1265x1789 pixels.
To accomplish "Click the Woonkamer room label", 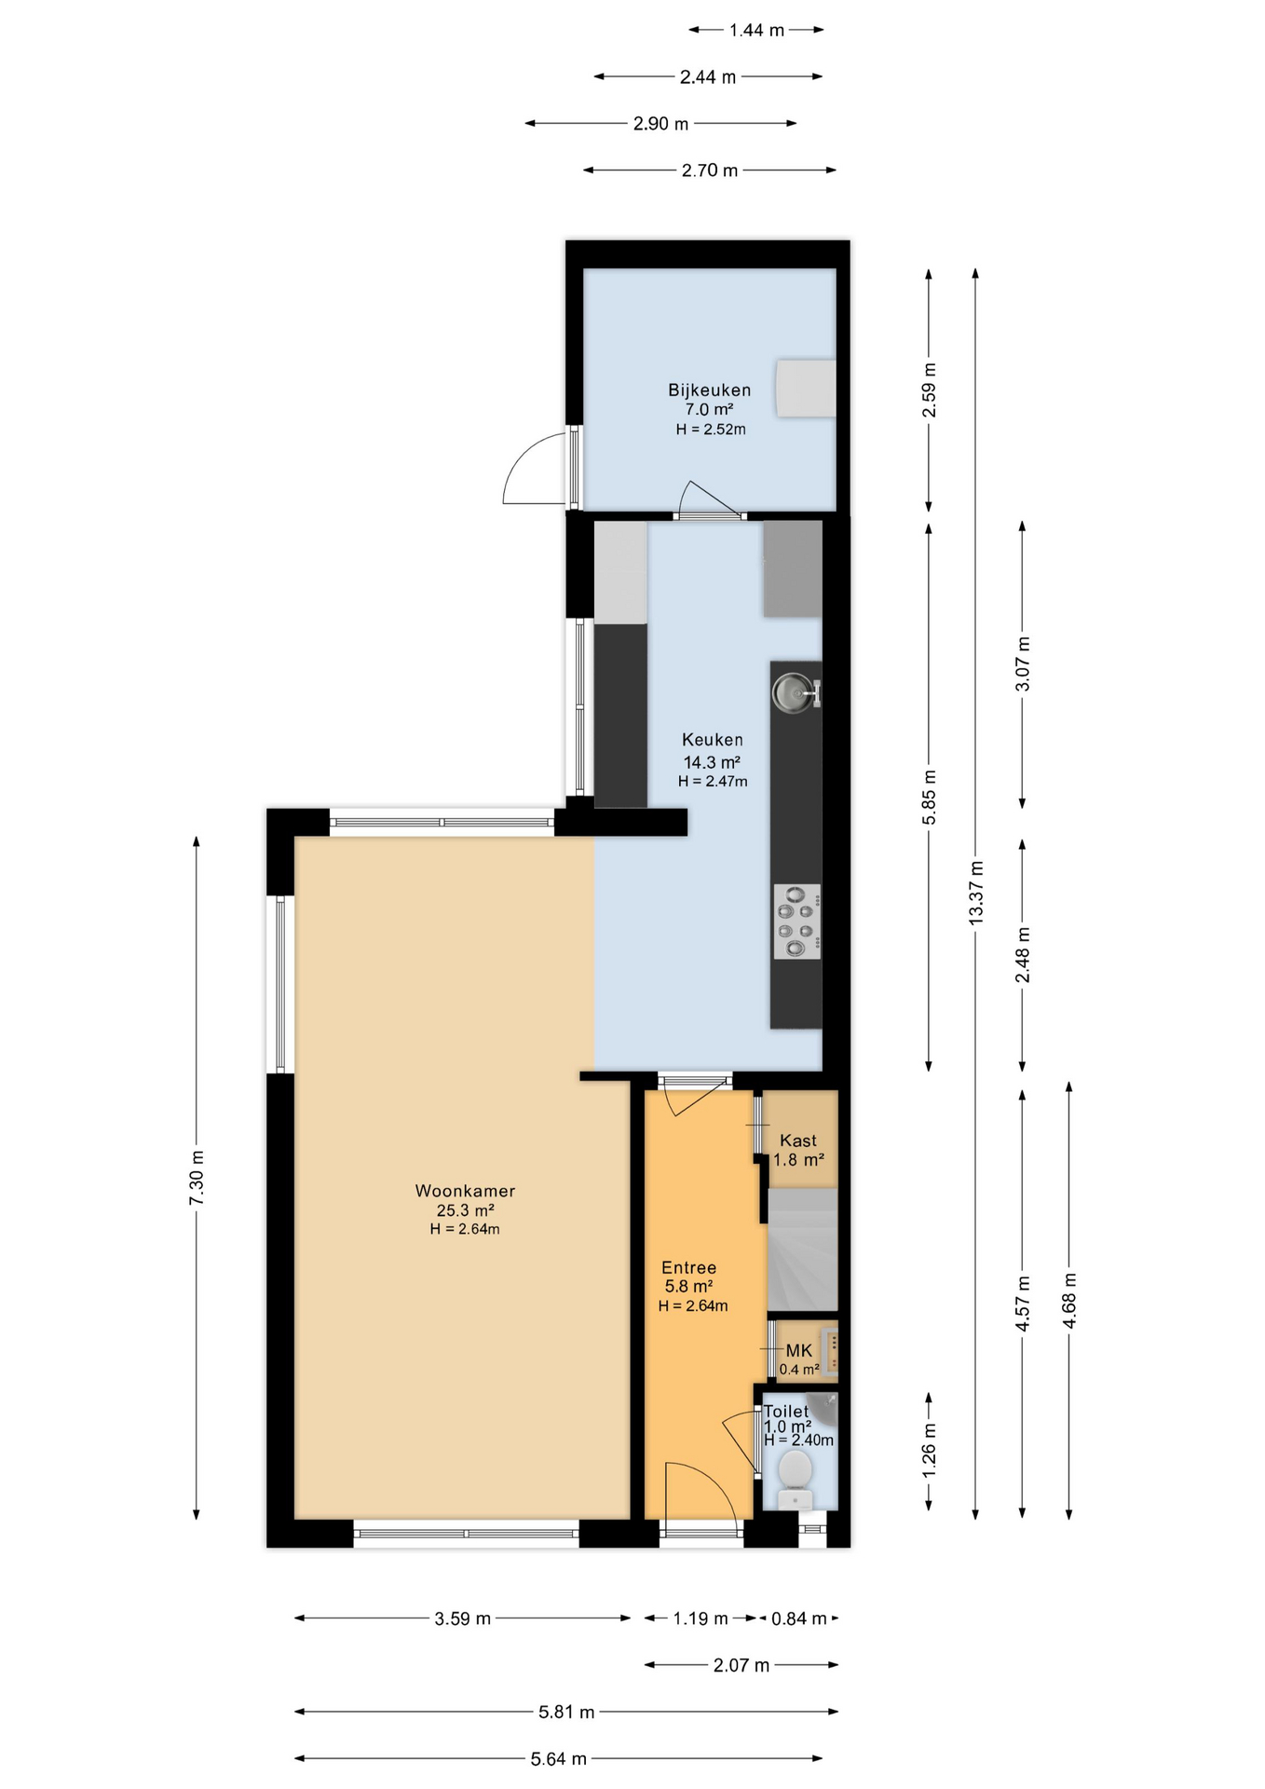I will point(465,1191).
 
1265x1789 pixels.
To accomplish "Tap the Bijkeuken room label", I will point(709,390).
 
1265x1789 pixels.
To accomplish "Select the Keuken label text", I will point(713,740).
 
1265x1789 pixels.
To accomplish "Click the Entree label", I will point(689,1267).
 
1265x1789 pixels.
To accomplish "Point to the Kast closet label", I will point(798,1140).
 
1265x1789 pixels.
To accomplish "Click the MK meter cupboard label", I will point(799,1350).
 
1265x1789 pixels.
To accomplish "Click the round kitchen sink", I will point(792,691).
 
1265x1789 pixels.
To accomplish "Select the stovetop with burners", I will point(796,922).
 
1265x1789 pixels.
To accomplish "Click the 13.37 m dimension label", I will point(975,893).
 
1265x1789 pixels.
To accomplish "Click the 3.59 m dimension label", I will point(462,1618).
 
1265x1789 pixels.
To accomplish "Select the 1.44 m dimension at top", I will point(757,30).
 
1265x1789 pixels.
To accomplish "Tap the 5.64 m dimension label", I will point(559,1759).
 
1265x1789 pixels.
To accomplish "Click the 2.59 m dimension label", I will point(929,390).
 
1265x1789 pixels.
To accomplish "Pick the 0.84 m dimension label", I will point(798,1618).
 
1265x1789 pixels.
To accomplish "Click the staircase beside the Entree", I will point(802,1250).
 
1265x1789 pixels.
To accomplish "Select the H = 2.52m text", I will point(711,430).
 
